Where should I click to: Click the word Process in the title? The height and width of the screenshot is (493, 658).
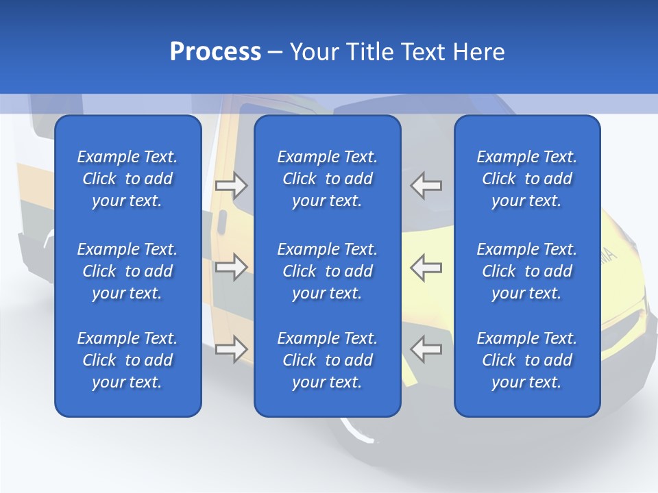(x=215, y=52)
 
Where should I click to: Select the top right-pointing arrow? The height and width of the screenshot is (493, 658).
(x=231, y=185)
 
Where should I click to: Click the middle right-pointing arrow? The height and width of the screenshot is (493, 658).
(x=231, y=267)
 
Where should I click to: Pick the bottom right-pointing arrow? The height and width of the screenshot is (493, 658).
(x=231, y=349)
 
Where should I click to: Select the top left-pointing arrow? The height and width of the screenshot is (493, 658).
(x=426, y=185)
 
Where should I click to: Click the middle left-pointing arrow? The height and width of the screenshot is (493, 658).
(x=426, y=267)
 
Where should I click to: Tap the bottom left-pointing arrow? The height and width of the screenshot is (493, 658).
(x=426, y=349)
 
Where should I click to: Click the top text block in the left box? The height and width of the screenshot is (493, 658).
(x=127, y=179)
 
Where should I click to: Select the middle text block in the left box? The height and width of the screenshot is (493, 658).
(x=127, y=271)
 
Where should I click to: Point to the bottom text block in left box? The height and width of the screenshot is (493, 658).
(x=127, y=360)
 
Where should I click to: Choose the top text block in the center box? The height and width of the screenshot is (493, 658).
(x=328, y=179)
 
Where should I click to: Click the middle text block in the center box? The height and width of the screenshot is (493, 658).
(x=328, y=271)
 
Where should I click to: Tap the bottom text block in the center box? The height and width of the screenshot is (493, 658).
(x=328, y=360)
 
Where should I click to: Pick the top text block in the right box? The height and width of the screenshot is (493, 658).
(x=527, y=179)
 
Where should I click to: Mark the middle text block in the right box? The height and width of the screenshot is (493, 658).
(x=527, y=271)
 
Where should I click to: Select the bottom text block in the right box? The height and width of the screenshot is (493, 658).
(x=527, y=360)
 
